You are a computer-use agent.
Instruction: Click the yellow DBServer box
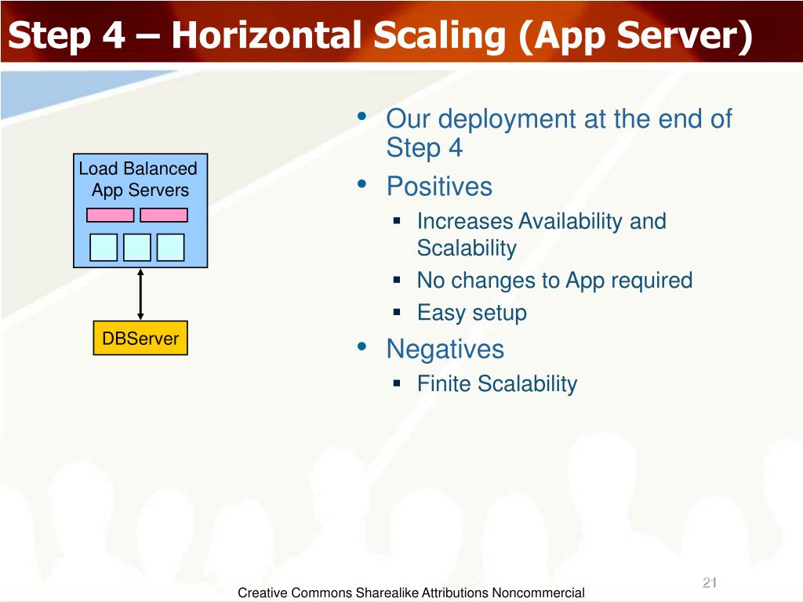click(140, 338)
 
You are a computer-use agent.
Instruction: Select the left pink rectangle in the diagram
click(110, 215)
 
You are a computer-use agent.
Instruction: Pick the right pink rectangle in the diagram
click(164, 215)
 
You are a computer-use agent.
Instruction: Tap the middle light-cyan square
click(137, 247)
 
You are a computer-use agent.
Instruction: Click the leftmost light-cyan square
click(104, 247)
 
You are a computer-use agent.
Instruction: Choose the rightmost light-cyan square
click(170, 247)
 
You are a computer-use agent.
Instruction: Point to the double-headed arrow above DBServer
click(140, 295)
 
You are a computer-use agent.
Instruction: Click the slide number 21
click(709, 582)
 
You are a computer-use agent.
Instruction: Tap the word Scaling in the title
click(439, 37)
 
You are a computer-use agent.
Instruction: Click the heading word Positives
click(439, 186)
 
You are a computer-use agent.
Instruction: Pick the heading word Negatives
click(445, 350)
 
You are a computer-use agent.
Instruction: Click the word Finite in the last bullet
click(444, 383)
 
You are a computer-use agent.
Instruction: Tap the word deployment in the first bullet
click(507, 120)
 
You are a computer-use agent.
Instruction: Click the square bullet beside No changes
click(397, 280)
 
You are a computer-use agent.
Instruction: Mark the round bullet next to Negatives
click(362, 347)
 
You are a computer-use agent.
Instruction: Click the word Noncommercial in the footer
click(538, 593)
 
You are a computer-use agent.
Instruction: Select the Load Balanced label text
click(138, 169)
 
